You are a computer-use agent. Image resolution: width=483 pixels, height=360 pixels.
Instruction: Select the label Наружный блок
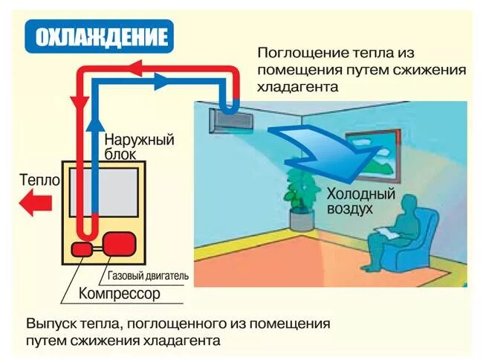tap(138, 147)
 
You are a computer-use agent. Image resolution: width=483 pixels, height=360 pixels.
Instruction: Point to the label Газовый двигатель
tap(148, 276)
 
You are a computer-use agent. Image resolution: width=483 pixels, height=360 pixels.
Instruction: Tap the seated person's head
tap(407, 206)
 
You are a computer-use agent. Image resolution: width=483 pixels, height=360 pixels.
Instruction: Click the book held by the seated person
tap(387, 233)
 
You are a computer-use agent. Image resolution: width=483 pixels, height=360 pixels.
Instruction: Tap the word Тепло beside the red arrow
tap(36, 180)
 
